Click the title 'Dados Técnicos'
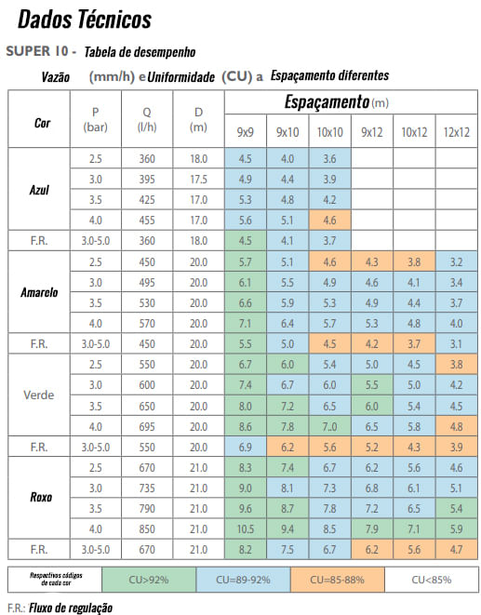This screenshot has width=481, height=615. [85, 20]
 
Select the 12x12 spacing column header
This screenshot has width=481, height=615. [456, 132]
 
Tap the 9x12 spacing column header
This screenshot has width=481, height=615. [372, 132]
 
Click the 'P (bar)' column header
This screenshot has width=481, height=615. [95, 120]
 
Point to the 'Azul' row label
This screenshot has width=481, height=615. [39, 190]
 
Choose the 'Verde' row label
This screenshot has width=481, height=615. [39, 395]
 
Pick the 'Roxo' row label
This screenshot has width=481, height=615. [41, 498]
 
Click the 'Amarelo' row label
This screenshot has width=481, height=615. [39, 292]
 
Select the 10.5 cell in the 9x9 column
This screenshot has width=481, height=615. [246, 529]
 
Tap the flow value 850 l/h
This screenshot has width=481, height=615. [147, 529]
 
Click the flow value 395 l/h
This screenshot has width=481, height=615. [147, 180]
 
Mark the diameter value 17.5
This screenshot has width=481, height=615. [198, 180]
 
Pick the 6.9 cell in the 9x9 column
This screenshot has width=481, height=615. [246, 448]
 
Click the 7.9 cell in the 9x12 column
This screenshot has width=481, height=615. [372, 529]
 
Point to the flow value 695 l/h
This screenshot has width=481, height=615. [147, 426]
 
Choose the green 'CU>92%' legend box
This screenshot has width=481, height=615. [149, 580]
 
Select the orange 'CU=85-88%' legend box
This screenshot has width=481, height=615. [338, 580]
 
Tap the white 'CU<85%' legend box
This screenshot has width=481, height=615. [431, 580]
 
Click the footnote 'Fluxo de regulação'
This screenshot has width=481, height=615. [71, 608]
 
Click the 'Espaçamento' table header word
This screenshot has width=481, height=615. [327, 102]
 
